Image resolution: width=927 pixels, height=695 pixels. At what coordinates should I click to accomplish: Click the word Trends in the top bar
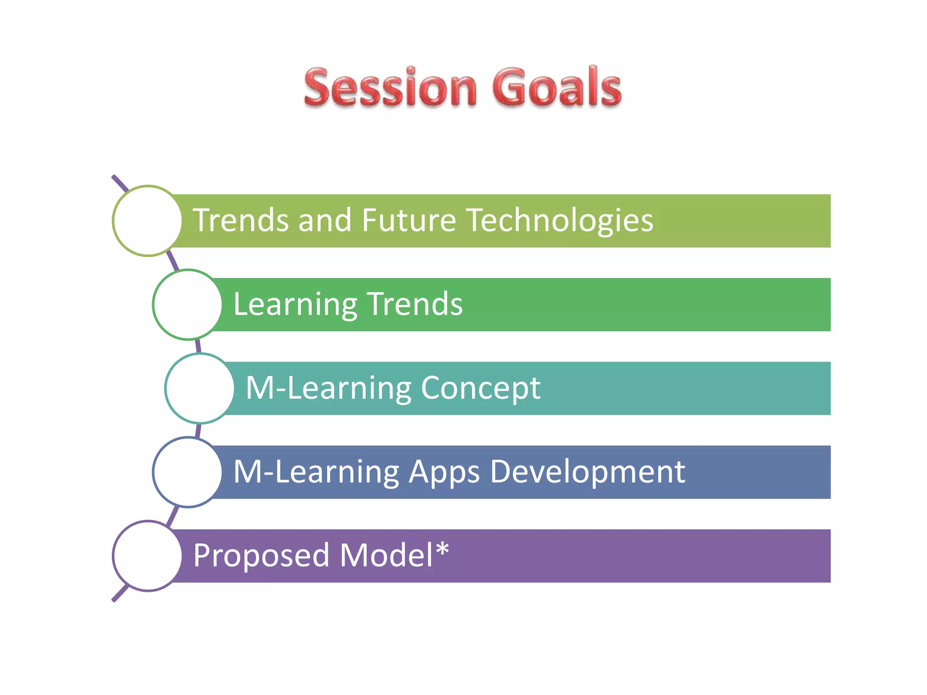[x=241, y=221]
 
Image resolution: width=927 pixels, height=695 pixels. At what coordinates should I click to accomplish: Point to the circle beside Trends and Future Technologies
[x=148, y=221]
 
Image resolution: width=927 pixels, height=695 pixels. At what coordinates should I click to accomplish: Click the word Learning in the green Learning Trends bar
[x=296, y=305]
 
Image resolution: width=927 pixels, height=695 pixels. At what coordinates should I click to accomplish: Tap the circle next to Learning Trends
[x=187, y=305]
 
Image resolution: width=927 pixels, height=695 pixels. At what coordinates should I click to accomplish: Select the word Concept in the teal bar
[x=480, y=388]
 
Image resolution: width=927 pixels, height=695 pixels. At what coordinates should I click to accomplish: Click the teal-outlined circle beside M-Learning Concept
[x=200, y=388]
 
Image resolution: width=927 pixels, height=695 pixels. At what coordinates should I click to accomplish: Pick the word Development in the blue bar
[x=587, y=472]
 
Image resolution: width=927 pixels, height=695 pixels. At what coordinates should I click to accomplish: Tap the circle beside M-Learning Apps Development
[x=187, y=472]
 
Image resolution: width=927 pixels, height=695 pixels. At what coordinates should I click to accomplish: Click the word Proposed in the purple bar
[x=261, y=556]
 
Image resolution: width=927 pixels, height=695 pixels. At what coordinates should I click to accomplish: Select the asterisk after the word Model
[x=442, y=549]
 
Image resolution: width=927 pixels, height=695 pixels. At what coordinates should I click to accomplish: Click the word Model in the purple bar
[x=386, y=555]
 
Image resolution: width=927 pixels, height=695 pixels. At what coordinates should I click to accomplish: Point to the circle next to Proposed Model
[x=148, y=556]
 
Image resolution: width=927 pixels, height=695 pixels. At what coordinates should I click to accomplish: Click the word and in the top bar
[x=325, y=221]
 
